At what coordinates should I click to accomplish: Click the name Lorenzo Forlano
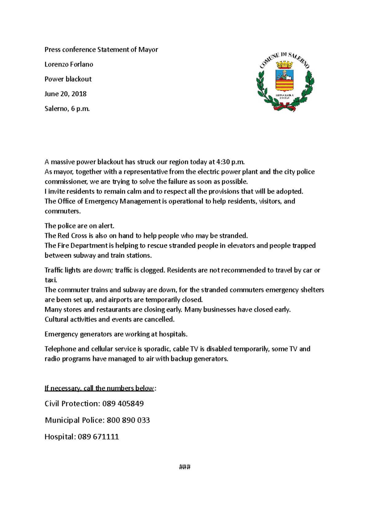pyautogui.click(x=69, y=64)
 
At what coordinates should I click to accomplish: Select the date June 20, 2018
pyautogui.click(x=65, y=94)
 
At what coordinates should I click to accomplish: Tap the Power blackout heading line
pyautogui.click(x=68, y=79)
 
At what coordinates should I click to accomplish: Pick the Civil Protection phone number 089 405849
pyautogui.click(x=123, y=404)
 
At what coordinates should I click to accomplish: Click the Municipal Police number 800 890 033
pyautogui.click(x=128, y=420)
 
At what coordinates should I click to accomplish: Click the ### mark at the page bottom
pyautogui.click(x=184, y=467)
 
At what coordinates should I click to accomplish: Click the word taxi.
pyautogui.click(x=51, y=280)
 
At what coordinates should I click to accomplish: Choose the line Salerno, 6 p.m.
pyautogui.click(x=67, y=109)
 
